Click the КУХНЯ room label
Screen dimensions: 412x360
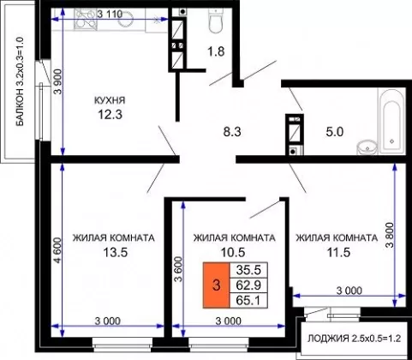(x=110, y=100)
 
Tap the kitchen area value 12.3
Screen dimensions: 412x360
(x=110, y=115)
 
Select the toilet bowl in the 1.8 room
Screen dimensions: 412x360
(x=216, y=21)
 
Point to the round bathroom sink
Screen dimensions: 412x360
(x=367, y=147)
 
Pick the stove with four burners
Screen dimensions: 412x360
(x=86, y=19)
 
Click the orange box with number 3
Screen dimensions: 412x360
(x=216, y=285)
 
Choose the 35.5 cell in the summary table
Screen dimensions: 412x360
(x=248, y=270)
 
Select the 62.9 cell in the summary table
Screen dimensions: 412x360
(x=248, y=285)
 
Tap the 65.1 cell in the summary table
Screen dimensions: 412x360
(x=248, y=300)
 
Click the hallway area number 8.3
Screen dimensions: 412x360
(x=232, y=132)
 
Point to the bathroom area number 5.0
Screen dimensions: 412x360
(x=334, y=132)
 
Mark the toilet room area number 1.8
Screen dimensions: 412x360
(x=216, y=51)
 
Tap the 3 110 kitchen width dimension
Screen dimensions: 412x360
(x=110, y=14)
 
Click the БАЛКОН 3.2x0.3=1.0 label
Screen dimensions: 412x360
(x=21, y=81)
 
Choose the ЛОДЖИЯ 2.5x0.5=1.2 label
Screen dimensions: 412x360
(x=355, y=339)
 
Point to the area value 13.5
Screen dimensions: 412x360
(x=115, y=252)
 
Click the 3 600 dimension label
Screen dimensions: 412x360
(x=178, y=269)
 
